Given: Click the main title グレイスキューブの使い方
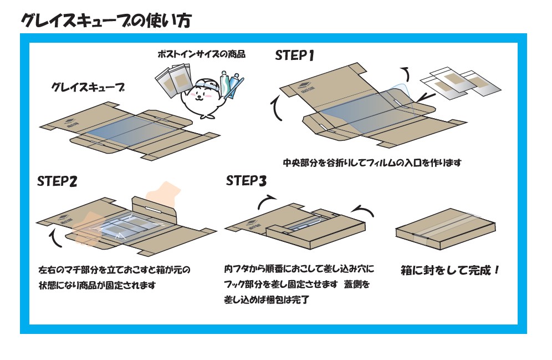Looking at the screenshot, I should coord(106,21).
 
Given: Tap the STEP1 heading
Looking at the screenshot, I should coord(295,55).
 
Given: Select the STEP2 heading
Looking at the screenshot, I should coord(57,182).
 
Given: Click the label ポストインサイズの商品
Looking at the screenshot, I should coord(201,54).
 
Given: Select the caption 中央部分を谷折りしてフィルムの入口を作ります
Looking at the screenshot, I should coord(372,163).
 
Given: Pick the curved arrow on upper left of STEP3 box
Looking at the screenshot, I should coord(268,202).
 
